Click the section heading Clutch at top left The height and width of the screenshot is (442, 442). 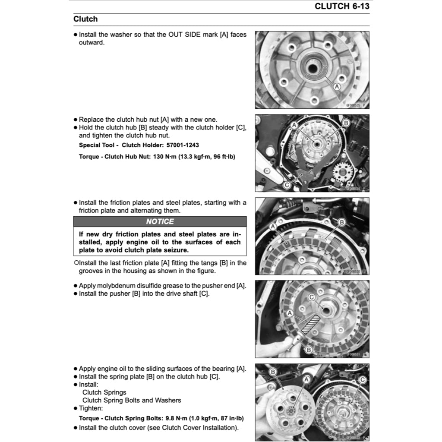point(85,19)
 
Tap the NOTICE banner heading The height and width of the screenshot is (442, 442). point(160,221)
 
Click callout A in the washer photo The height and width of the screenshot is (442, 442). point(338,87)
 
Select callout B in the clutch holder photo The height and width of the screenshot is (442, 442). point(345,123)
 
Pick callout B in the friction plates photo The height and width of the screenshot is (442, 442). point(341,222)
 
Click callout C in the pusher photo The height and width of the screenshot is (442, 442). point(311,297)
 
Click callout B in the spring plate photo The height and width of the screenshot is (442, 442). point(273,372)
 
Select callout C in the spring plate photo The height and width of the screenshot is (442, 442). point(362,379)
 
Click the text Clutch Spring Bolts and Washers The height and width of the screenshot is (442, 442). point(132,400)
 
